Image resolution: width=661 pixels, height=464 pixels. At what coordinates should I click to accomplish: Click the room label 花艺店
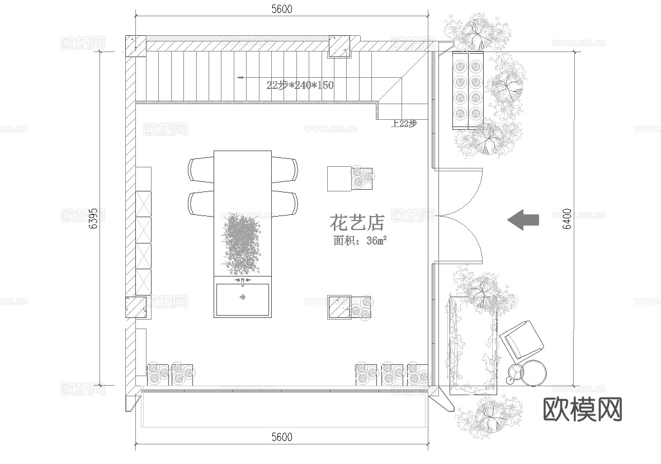click(357, 223)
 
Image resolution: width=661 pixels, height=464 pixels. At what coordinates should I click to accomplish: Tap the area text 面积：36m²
click(360, 241)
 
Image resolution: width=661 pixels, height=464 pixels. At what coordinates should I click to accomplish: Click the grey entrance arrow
click(523, 219)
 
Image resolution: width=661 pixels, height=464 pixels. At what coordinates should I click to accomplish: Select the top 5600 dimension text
click(281, 9)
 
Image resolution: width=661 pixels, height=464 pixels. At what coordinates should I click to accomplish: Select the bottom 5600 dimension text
click(281, 437)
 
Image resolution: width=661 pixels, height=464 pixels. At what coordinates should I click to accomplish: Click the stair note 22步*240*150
click(300, 85)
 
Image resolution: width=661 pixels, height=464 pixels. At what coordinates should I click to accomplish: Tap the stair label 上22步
click(404, 124)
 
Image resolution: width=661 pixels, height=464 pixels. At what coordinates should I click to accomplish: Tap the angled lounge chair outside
click(522, 339)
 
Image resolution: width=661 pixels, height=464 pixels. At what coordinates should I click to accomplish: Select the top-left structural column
click(135, 46)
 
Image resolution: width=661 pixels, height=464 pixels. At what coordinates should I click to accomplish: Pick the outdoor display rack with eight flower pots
click(468, 90)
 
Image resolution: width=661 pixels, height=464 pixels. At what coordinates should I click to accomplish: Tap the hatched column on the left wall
click(135, 307)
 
